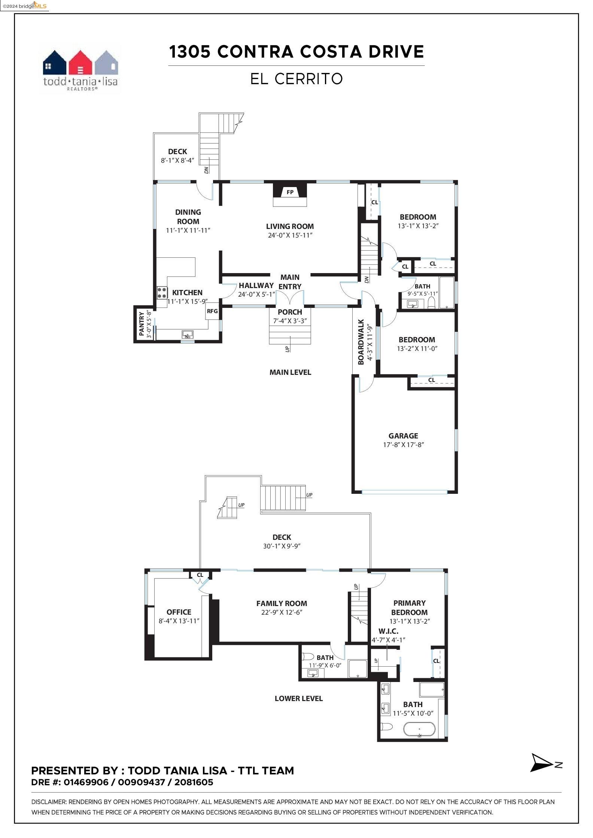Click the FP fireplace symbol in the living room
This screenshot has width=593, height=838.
click(290, 192)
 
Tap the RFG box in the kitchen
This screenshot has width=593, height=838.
click(212, 311)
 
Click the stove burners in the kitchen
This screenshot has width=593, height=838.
click(162, 292)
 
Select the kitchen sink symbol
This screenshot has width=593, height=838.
click(187, 334)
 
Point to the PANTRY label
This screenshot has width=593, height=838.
click(142, 324)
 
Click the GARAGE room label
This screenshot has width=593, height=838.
click(403, 436)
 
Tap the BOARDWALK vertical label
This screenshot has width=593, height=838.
click(361, 342)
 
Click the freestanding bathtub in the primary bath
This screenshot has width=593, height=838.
click(419, 729)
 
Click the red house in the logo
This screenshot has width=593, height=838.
click(80, 63)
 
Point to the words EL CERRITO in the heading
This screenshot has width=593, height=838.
click(296, 79)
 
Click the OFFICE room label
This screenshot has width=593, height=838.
click(179, 612)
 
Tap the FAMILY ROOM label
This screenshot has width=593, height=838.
click(282, 603)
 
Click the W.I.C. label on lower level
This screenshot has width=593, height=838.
click(388, 631)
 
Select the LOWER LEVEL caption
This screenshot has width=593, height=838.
click(298, 698)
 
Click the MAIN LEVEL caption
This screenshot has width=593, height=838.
click(290, 372)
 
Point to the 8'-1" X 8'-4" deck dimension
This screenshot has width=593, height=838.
click(177, 160)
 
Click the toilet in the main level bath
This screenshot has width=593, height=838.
click(431, 302)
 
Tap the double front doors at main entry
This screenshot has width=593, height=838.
click(290, 298)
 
